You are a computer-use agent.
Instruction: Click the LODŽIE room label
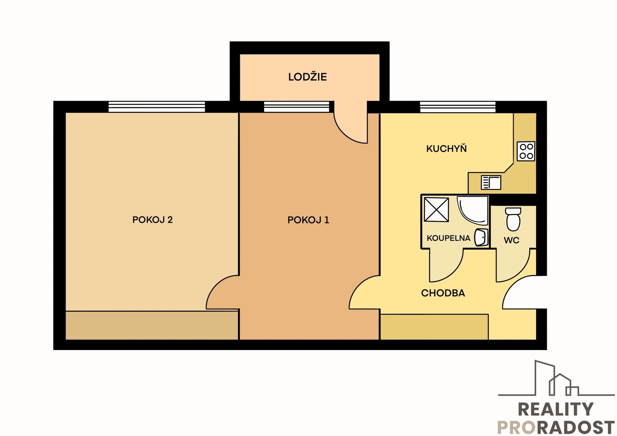coord(307,77)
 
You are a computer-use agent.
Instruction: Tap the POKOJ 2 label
coord(152,219)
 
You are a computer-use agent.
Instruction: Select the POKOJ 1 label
coord(308,220)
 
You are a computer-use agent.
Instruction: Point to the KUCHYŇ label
coord(446,148)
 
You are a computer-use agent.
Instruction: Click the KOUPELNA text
coord(448,238)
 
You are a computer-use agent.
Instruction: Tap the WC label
coord(511,240)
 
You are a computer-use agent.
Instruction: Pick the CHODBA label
coord(443,293)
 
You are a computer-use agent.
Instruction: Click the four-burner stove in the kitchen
coord(526,151)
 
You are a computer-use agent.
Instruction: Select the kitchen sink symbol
coord(491,182)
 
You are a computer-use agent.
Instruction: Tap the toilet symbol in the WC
coord(513,219)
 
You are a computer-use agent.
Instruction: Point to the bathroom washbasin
coord(481,237)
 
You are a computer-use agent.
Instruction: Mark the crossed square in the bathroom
coord(436,209)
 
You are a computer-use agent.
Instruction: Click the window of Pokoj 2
coord(157,107)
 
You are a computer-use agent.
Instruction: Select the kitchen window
coord(458,107)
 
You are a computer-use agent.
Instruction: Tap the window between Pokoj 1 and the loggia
coord(297,107)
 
